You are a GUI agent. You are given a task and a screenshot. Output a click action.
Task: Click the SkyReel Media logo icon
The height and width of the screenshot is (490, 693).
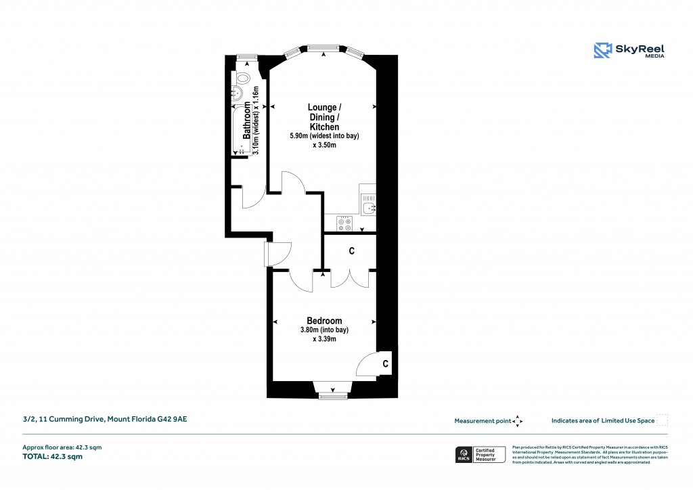click(602, 50)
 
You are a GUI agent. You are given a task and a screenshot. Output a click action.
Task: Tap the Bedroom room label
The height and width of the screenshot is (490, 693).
click(324, 321)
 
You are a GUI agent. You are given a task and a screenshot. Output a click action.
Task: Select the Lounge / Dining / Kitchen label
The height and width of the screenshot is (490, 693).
click(324, 117)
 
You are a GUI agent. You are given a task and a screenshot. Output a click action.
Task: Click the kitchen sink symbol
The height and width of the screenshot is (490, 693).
click(367, 206)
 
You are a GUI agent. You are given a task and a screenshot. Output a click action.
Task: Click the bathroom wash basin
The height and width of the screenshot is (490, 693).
click(239, 94)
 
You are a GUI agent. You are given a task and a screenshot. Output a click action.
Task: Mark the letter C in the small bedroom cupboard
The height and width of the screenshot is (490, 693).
click(384, 364)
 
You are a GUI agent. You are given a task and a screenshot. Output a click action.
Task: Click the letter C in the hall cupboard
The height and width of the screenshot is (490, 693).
click(351, 251)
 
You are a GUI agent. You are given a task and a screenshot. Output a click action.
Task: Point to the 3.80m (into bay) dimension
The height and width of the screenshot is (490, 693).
click(324, 330)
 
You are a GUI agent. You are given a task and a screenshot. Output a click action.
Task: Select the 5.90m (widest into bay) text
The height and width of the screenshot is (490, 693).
click(324, 136)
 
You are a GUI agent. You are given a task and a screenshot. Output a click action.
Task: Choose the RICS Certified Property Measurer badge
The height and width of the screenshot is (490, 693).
click(480, 455)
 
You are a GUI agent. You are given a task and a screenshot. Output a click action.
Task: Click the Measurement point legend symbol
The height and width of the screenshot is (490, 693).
click(518, 421)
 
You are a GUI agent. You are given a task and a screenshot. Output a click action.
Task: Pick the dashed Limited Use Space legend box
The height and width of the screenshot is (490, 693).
click(663, 420)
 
